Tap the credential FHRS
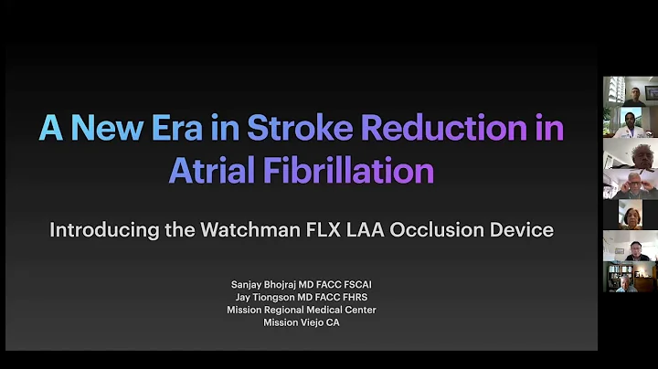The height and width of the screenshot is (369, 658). coord(353,298)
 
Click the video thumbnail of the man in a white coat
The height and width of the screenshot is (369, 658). coord(631,122)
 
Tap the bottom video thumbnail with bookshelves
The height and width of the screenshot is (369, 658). coord(631,277)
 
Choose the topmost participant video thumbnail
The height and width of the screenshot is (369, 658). coord(631,91)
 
